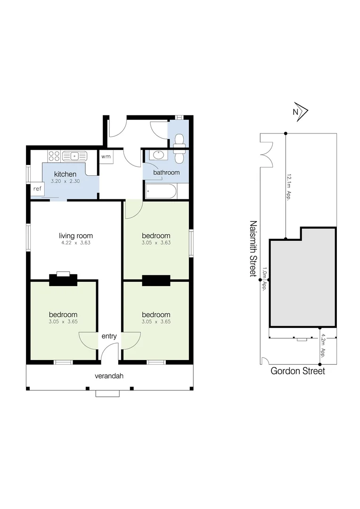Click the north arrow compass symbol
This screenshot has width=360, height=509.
[x=299, y=111]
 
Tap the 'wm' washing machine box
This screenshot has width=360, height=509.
[x=106, y=156]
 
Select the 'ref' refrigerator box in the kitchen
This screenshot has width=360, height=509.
[x=37, y=189]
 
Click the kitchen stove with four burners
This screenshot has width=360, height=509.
[x=54, y=156]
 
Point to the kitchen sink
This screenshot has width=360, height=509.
[x=74, y=156]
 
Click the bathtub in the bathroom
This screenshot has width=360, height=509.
[x=161, y=191]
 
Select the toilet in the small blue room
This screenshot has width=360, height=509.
[x=179, y=141]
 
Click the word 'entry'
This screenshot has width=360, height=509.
[x=109, y=336]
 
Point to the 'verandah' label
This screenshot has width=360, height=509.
[x=109, y=376]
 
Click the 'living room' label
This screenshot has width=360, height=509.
[x=76, y=236]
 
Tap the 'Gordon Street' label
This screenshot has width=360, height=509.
[x=297, y=371]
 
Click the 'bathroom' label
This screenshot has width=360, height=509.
[x=166, y=172]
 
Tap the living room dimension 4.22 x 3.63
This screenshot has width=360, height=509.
[x=76, y=243]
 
